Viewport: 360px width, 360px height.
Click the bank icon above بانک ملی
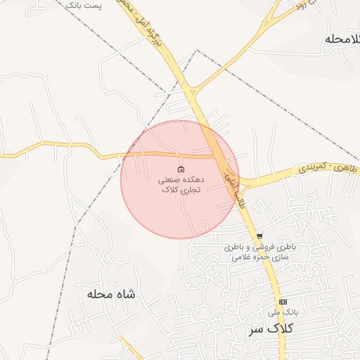(x=283, y=302)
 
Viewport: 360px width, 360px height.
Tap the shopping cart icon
(x=259, y=236)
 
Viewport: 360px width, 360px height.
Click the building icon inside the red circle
(x=181, y=169)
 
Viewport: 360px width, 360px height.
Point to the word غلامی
(x=242, y=257)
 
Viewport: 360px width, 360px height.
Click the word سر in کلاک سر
(x=257, y=328)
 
